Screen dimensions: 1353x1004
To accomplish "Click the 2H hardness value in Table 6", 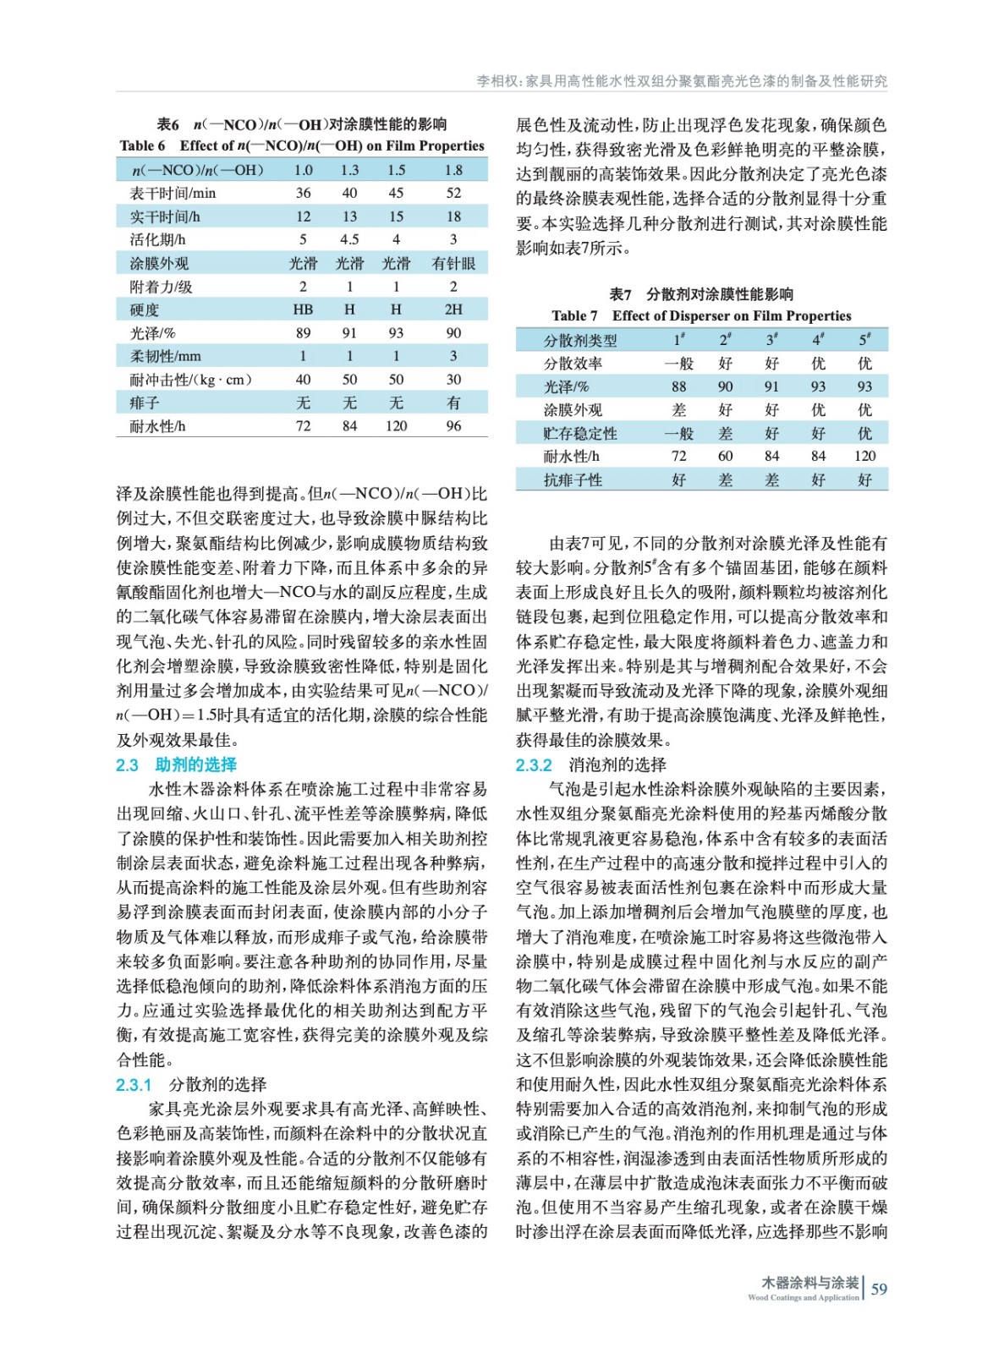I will coord(453,309).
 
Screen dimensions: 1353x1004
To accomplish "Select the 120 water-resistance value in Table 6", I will coord(396,426).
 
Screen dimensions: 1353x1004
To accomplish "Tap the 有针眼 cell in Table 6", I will coord(453,263).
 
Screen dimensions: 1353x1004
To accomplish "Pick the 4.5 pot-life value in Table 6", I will coord(349,239).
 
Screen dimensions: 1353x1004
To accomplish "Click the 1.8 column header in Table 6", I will coord(453,170).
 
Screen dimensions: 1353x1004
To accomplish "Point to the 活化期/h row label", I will coord(157,239).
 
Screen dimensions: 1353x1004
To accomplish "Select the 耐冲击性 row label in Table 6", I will coord(190,380).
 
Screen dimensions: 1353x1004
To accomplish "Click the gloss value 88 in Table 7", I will coord(678,386).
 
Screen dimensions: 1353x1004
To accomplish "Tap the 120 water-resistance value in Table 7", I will coord(864,456).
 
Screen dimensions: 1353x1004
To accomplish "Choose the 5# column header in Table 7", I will coord(864,340).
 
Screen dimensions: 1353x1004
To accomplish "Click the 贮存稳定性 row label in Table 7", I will coord(579,433).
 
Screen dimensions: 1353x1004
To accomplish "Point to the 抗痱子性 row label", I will coord(573,479).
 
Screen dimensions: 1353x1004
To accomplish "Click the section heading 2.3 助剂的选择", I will coord(177,764).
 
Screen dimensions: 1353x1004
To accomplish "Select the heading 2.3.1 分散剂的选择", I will coord(191,1084).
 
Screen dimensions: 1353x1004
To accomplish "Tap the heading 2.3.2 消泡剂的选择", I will coord(590,764).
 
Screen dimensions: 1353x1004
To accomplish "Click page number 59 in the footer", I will coord(879,1289).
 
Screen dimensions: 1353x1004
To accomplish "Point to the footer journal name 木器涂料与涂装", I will coord(809,1283).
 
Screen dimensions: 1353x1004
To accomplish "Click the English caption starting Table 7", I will coord(701,315).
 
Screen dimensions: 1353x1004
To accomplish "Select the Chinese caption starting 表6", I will coord(302,124).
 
